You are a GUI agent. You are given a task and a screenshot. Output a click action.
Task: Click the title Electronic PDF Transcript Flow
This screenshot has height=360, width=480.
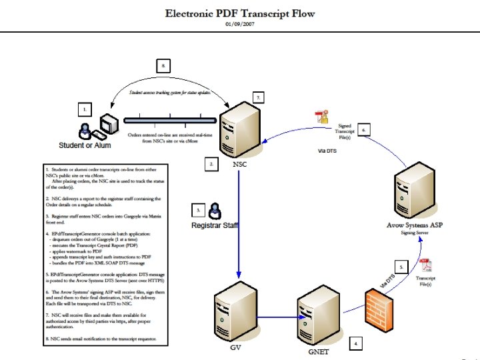[x=239, y=13]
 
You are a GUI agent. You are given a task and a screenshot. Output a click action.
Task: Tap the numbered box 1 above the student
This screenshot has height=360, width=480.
[x=84, y=107]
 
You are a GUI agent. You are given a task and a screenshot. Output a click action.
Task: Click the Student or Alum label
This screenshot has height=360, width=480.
[x=85, y=144]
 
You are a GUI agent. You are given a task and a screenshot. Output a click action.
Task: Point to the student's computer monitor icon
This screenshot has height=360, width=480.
[x=108, y=124]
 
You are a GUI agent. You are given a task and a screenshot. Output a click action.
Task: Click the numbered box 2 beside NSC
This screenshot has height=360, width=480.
[x=210, y=163]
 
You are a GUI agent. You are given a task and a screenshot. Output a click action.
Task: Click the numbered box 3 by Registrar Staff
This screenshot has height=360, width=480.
[x=197, y=210]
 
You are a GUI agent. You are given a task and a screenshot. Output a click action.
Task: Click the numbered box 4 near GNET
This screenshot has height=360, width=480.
[x=357, y=343]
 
